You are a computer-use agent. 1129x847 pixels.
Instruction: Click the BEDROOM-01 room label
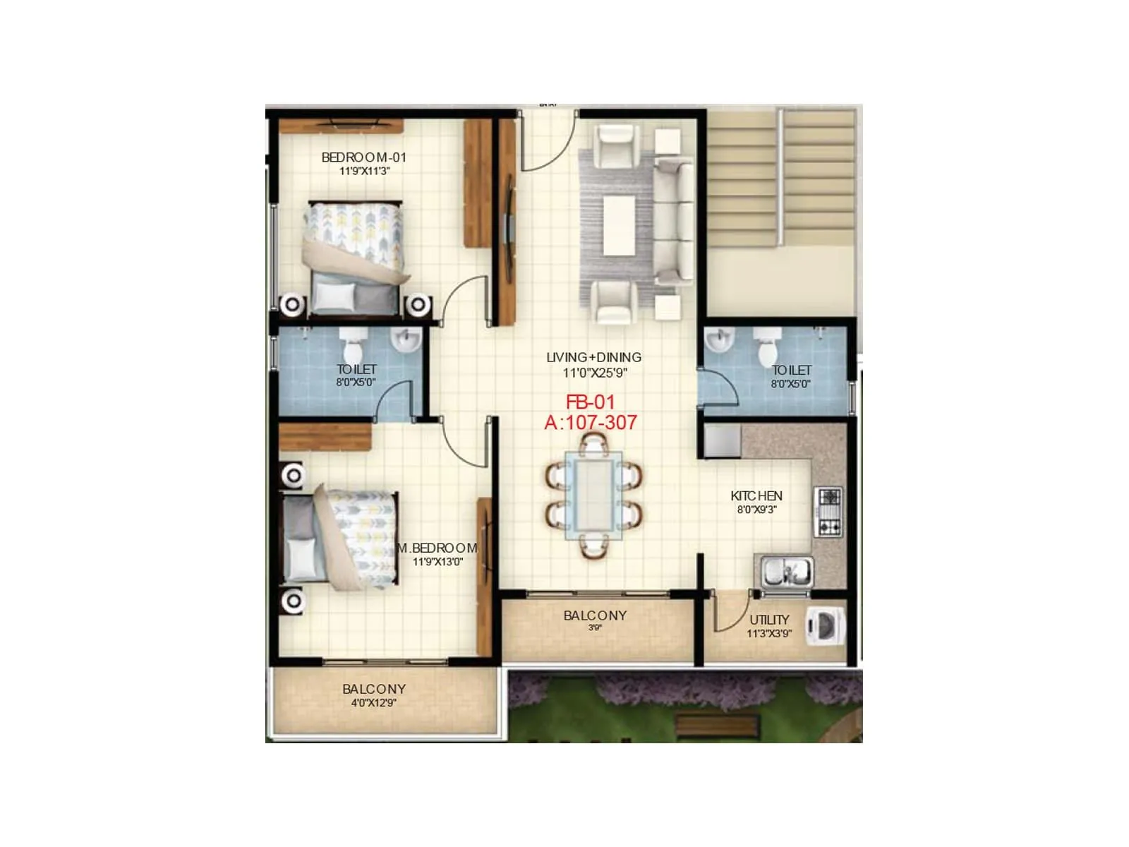pos(363,157)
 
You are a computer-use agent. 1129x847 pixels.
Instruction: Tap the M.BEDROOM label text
pos(437,548)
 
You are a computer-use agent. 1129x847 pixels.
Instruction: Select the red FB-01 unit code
pos(591,402)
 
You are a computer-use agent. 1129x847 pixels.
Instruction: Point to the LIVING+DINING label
pos(593,357)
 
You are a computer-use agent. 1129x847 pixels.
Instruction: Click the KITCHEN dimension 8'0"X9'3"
pos(756,509)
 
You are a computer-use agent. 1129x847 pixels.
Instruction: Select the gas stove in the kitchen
pos(828,511)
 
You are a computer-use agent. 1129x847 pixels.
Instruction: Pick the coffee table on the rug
pos(619,224)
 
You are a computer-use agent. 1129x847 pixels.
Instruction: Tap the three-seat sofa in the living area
pos(675,222)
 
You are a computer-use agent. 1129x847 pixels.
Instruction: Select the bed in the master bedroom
pos(340,539)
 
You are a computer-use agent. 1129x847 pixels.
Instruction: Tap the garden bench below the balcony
pos(716,724)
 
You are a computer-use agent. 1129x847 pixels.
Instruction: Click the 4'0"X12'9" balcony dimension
pos(373,703)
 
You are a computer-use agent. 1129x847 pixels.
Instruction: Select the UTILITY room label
pos(769,620)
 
